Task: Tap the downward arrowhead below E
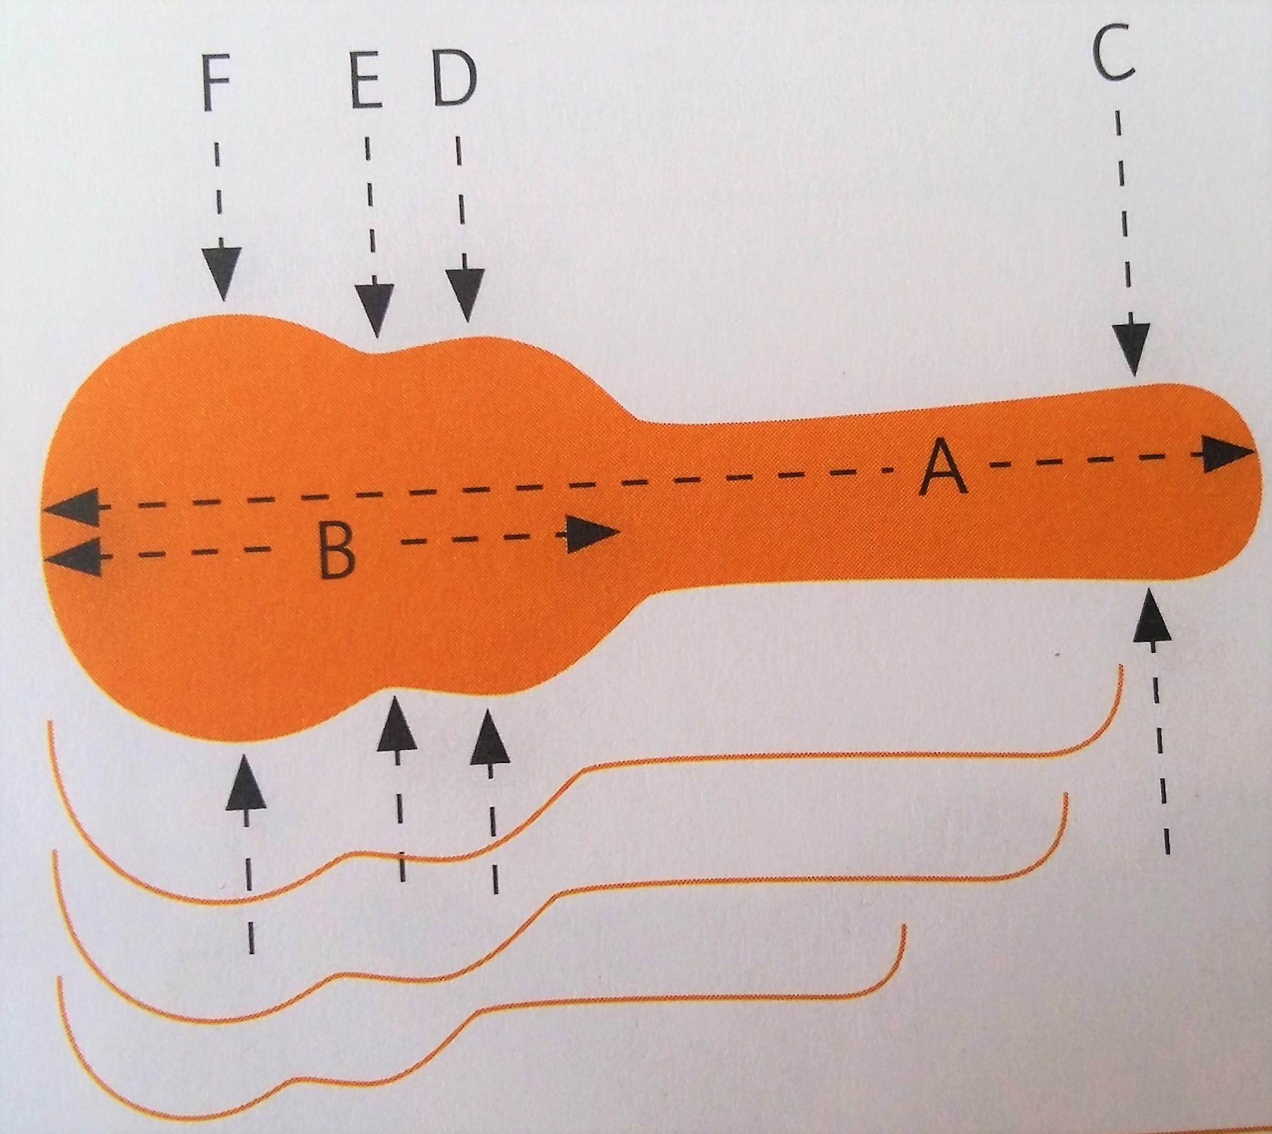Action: [x=375, y=311]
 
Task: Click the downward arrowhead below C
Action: [x=1131, y=351]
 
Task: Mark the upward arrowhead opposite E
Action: [x=397, y=727]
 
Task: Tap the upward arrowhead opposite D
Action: [x=490, y=741]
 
